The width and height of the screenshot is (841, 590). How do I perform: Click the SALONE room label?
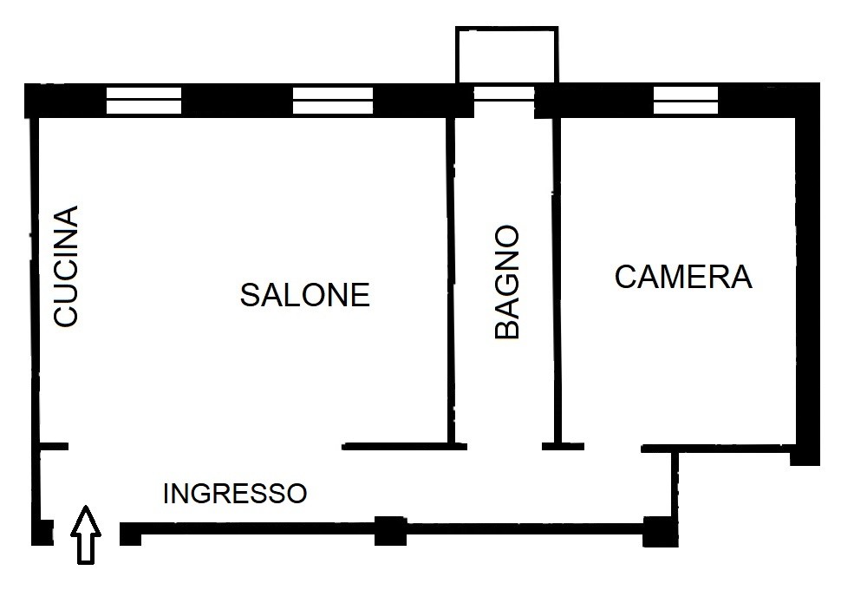click(304, 295)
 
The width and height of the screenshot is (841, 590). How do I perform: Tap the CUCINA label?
click(66, 265)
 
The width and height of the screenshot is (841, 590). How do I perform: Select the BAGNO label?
click(507, 282)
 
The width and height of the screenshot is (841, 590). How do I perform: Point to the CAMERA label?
click(683, 277)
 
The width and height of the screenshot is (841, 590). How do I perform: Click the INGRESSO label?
click(235, 494)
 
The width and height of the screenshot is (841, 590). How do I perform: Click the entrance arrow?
click(86, 534)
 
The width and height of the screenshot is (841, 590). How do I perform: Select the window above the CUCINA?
click(144, 101)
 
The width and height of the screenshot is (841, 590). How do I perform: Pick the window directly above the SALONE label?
click(333, 101)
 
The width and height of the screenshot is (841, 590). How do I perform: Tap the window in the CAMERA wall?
click(686, 101)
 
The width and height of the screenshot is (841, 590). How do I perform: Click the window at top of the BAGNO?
click(505, 94)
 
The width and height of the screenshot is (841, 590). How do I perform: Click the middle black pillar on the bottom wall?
click(390, 531)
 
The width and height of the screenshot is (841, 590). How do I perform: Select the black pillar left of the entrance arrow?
click(42, 533)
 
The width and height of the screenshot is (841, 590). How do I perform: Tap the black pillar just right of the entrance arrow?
click(130, 534)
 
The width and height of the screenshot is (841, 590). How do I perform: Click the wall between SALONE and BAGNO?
click(451, 281)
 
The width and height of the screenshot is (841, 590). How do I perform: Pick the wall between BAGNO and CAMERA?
click(557, 281)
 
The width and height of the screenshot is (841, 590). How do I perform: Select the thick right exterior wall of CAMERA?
click(806, 274)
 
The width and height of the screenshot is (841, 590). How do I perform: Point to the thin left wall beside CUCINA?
click(36, 279)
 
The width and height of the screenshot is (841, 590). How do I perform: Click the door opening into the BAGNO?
click(505, 447)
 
